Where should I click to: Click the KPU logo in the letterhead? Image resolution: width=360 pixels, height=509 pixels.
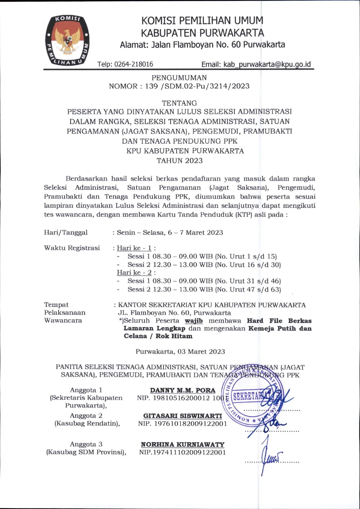pyautogui.click(x=67, y=40)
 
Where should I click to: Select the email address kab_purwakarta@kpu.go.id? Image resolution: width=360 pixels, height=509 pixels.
pyautogui.click(x=267, y=64)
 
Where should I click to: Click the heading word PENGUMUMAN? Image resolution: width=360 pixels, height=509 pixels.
pyautogui.click(x=179, y=78)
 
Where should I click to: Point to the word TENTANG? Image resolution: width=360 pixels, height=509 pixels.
pyautogui.click(x=179, y=103)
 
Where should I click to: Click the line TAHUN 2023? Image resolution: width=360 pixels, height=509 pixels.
pyautogui.click(x=179, y=161)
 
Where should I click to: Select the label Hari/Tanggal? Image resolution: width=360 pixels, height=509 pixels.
pyautogui.click(x=66, y=232)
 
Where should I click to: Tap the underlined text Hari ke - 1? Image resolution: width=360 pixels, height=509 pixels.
pyautogui.click(x=134, y=248)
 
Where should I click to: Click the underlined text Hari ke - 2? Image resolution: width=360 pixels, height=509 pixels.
pyautogui.click(x=134, y=273)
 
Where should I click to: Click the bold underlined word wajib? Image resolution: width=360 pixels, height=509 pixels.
pyautogui.click(x=194, y=321)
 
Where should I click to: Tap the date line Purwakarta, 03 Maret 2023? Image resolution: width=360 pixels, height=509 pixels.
pyautogui.click(x=180, y=352)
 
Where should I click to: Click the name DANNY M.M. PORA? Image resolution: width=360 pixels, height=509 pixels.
pyautogui.click(x=183, y=390)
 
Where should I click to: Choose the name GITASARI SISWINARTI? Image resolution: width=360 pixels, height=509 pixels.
pyautogui.click(x=183, y=416)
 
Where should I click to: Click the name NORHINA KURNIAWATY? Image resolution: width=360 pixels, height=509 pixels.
pyautogui.click(x=183, y=444)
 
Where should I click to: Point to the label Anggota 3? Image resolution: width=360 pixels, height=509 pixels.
pyautogui.click(x=86, y=444)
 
